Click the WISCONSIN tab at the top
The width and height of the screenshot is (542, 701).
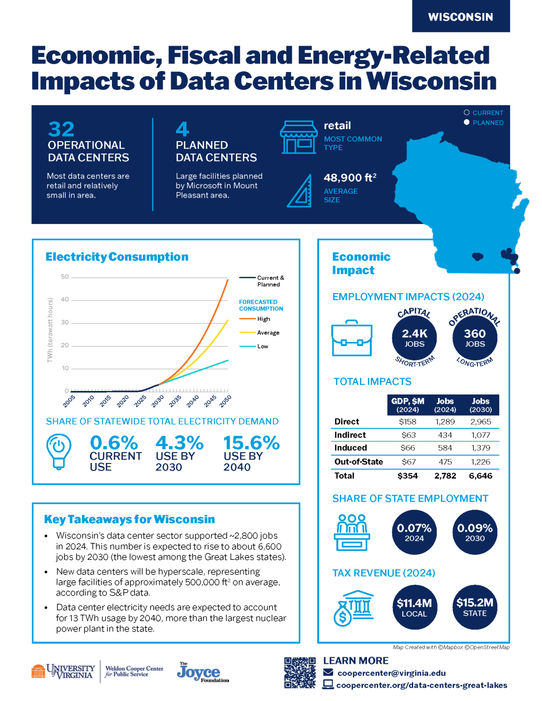[460, 17]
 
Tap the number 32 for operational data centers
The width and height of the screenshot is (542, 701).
[61, 130]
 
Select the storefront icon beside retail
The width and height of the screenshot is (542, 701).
[298, 137]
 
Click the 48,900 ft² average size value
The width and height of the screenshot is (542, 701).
[350, 178]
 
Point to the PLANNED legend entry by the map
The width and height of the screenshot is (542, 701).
[487, 123]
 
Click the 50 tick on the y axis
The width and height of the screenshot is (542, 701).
[65, 277]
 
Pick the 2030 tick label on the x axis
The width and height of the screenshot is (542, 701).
[158, 401]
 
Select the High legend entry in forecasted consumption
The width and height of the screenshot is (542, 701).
[264, 319]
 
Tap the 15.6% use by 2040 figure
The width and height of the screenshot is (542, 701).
[251, 443]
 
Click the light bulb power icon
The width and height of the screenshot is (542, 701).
[59, 451]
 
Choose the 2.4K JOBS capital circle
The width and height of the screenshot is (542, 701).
[414, 338]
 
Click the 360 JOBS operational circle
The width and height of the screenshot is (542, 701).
[475, 338]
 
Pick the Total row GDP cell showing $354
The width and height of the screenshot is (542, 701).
[408, 476]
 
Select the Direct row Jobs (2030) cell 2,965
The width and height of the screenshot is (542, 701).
[480, 422]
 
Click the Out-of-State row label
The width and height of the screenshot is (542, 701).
[359, 462]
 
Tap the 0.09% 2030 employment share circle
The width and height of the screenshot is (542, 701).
[475, 532]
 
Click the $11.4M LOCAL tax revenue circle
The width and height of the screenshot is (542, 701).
[414, 607]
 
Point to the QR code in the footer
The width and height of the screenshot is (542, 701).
[300, 673]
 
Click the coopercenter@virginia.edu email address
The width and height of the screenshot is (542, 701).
[391, 673]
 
